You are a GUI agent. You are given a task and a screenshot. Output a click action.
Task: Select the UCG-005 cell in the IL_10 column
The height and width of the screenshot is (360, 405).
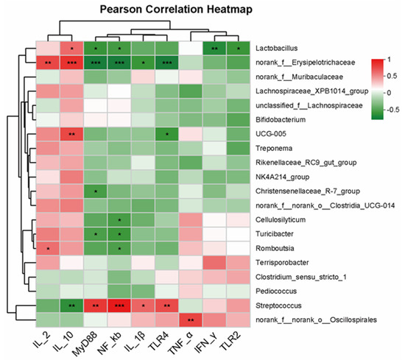71,135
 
